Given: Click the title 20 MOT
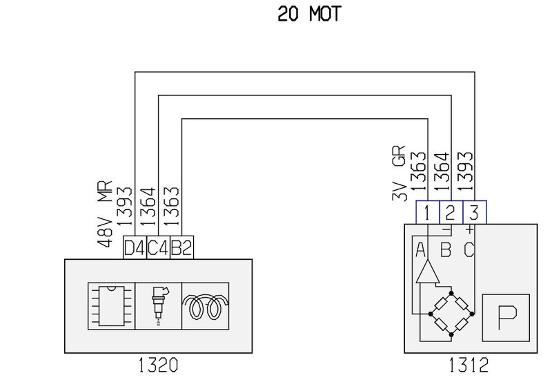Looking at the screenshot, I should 309,14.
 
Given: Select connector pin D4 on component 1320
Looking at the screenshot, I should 135,247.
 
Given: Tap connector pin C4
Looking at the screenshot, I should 158,247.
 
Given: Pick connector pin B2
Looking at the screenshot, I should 181,247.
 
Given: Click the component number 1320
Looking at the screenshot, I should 158,363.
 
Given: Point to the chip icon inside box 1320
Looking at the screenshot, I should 110,305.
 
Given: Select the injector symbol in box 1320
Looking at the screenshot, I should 158,305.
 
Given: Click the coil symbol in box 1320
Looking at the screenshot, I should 205,305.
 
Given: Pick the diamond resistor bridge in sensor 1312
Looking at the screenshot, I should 451,314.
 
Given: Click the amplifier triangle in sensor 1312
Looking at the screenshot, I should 427,272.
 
